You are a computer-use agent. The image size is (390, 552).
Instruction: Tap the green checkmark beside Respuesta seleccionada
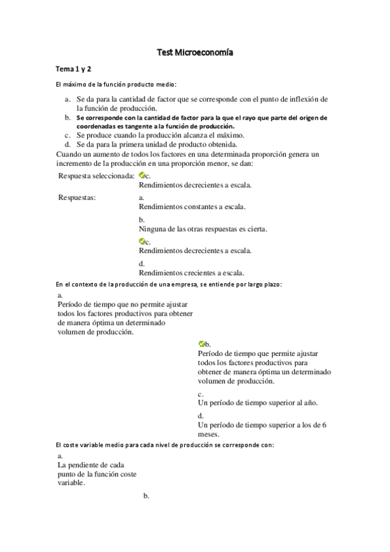tap(142, 175)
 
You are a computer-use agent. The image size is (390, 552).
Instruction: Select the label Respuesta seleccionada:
tap(96, 176)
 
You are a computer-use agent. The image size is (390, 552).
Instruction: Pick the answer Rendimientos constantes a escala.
tap(192, 206)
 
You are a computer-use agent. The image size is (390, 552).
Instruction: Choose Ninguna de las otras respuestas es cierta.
tap(203, 228)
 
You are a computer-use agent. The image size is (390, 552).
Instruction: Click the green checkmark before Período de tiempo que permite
tap(201, 343)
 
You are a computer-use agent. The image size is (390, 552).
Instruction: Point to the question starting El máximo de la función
tap(117, 85)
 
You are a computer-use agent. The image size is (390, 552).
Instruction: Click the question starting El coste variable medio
tap(165, 445)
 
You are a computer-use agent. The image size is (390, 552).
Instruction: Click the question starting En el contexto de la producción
tap(169, 284)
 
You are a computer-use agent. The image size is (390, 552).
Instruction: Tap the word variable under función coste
tap(70, 484)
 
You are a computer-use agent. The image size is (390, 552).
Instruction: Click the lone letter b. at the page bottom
tap(146, 496)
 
